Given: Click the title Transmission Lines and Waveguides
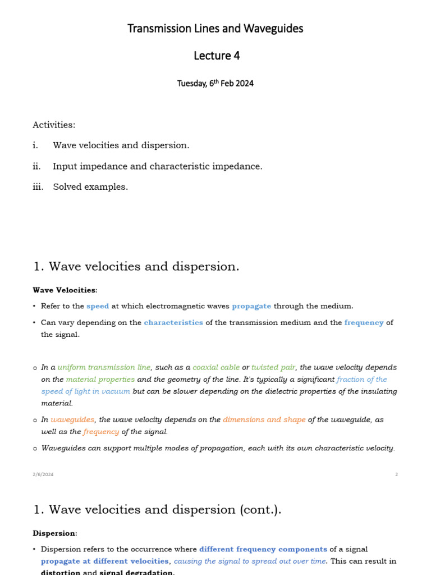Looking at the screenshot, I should pyautogui.click(x=215, y=29).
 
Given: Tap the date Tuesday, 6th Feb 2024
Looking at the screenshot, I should pyautogui.click(x=215, y=84).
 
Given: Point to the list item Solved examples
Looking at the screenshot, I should pyautogui.click(x=90, y=187).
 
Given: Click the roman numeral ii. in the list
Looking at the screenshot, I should pyautogui.click(x=37, y=166).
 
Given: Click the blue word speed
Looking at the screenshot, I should pyautogui.click(x=98, y=306).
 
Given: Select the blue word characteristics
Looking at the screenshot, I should pyautogui.click(x=173, y=323).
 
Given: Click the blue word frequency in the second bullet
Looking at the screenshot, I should pyautogui.click(x=364, y=323).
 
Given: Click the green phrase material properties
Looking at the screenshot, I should pyautogui.click(x=100, y=379).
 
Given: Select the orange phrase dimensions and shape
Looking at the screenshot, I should pyautogui.click(x=264, y=419).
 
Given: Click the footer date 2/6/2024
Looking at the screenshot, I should pyautogui.click(x=43, y=474).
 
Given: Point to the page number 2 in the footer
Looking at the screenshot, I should pyautogui.click(x=396, y=474).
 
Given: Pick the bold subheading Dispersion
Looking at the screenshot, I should pyautogui.click(x=54, y=533).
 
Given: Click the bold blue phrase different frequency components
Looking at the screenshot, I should pyautogui.click(x=263, y=549).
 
